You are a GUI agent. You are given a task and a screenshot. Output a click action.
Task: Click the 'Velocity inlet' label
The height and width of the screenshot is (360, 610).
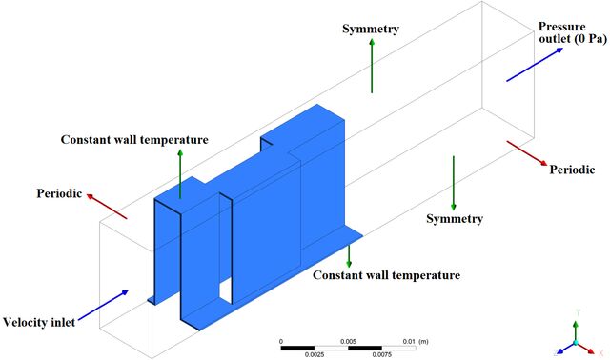(x=39, y=322)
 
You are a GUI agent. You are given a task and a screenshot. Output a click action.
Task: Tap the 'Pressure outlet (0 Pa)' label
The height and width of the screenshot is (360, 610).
(x=572, y=32)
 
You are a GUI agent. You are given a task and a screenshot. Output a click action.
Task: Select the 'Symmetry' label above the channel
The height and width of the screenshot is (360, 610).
(x=371, y=29)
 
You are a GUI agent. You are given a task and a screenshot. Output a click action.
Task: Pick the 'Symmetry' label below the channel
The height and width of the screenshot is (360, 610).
(x=455, y=218)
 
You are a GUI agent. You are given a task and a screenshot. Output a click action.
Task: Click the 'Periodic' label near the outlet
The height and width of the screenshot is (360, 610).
(x=572, y=170)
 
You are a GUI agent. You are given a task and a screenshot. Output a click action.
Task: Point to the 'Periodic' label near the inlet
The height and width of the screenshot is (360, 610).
(x=59, y=193)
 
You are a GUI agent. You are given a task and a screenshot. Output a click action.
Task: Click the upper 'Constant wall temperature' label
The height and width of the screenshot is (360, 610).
(x=134, y=140)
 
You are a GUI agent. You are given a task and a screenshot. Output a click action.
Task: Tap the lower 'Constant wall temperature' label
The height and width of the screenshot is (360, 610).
(x=386, y=275)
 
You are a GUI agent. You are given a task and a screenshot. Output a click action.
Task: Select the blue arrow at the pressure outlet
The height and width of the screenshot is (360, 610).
(x=535, y=65)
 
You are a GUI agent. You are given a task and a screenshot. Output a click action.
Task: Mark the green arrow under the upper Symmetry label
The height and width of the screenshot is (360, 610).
(x=372, y=66)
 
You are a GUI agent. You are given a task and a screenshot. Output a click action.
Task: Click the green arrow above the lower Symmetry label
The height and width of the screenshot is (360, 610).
(x=454, y=183)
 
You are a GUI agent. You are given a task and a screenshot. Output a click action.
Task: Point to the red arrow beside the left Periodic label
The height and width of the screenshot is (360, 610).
(x=107, y=206)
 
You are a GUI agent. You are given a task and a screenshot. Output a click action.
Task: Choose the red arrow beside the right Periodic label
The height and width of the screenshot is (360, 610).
(x=527, y=153)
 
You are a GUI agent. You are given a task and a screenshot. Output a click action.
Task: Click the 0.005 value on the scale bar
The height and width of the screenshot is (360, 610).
(x=348, y=341)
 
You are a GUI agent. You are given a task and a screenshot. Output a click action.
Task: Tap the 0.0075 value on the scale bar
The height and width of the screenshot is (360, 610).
(x=381, y=354)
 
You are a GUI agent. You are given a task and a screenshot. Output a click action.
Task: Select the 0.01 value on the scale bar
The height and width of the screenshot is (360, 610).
(x=409, y=341)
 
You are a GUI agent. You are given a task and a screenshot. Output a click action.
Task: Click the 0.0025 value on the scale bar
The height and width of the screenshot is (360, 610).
(x=315, y=354)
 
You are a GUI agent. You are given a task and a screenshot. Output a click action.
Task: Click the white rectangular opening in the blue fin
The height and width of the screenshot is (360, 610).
(x=226, y=290)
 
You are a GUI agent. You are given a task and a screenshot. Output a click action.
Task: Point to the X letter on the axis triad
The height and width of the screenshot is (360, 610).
(x=601, y=353)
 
